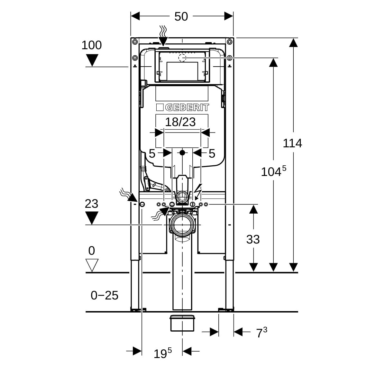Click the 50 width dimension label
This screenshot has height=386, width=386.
click(181, 16)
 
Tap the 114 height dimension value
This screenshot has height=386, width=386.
click(292, 143)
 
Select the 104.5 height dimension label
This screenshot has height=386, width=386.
click(273, 172)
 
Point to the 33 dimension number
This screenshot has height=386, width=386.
click(253, 239)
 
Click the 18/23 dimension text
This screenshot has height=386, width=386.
click(180, 122)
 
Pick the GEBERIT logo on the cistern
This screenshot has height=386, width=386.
click(182, 107)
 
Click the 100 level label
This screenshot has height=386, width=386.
click(91, 45)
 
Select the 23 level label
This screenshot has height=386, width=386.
click(91, 204)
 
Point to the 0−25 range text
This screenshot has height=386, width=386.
click(105, 295)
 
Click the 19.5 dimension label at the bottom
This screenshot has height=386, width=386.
click(162, 354)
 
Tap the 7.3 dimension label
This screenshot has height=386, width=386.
click(262, 333)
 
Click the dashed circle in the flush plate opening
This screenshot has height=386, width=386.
click(182, 58)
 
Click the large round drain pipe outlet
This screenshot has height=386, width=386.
click(182, 225)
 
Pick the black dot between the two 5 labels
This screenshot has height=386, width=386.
click(182, 152)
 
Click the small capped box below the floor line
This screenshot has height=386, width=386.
click(182, 323)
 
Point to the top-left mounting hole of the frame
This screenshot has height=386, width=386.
click(134, 41)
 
